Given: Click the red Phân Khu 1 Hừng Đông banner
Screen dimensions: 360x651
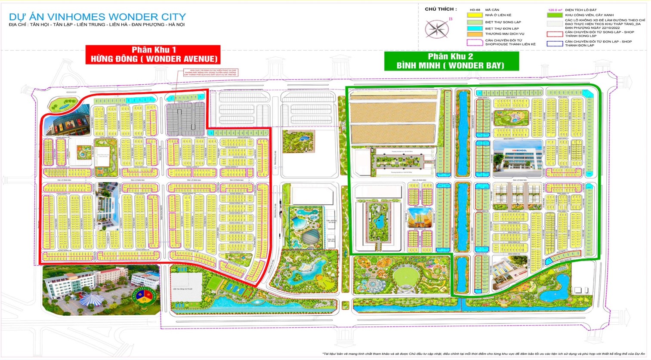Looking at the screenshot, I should [153, 55].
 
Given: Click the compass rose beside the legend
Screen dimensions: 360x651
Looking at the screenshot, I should [437, 29].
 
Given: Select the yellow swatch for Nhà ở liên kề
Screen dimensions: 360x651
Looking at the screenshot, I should [475, 15].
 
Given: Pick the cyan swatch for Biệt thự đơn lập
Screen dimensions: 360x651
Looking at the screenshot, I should [475, 28].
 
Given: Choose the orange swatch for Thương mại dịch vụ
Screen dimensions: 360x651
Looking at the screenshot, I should [475, 34].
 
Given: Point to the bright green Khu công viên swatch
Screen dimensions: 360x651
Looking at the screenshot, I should [555, 15].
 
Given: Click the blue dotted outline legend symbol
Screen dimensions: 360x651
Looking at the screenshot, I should [555, 43].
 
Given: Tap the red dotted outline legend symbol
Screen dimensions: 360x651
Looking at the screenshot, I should [555, 34].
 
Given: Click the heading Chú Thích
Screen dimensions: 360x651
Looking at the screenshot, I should [441, 9].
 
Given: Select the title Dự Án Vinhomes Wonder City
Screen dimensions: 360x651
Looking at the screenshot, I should [97, 17].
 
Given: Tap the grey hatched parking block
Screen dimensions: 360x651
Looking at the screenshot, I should [185, 117].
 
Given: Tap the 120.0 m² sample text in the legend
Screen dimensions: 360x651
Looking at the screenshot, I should [555, 10].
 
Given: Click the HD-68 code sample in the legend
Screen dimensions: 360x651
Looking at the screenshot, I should [475, 9].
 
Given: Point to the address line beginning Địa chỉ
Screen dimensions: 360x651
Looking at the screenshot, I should [96, 25].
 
